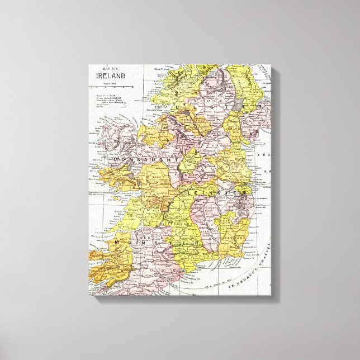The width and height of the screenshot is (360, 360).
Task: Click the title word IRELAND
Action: (x=111, y=76)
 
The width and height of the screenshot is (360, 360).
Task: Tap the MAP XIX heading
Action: (x=110, y=69)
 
